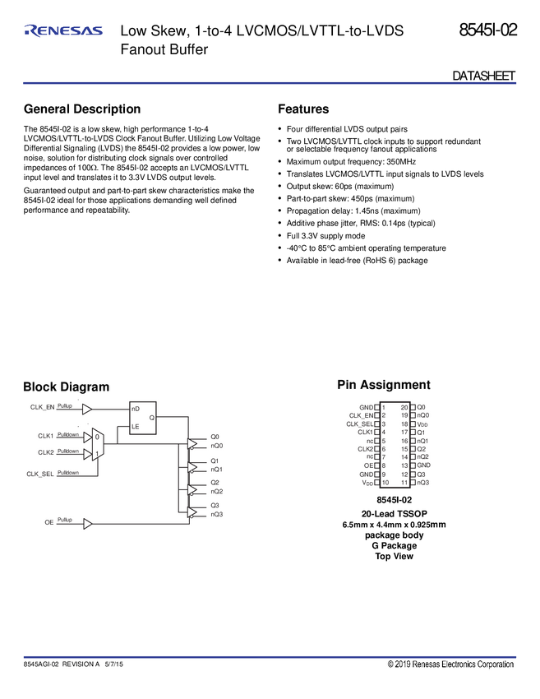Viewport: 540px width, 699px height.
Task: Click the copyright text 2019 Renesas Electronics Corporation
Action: click(451, 664)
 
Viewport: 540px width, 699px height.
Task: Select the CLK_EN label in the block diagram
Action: click(42, 407)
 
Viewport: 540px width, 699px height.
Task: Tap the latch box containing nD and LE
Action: click(145, 417)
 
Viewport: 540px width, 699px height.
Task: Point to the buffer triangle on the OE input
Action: click(88, 523)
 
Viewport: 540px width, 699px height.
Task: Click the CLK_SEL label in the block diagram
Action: click(41, 474)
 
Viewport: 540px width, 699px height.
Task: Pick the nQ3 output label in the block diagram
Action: click(216, 515)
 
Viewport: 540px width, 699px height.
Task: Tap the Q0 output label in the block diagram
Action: click(215, 437)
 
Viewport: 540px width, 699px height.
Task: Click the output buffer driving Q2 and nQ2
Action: click(192, 489)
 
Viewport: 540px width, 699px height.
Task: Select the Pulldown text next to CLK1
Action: click(68, 433)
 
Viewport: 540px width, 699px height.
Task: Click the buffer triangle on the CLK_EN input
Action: click(88, 408)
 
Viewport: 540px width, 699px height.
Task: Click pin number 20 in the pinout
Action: click(404, 407)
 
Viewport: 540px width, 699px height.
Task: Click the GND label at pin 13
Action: click(424, 465)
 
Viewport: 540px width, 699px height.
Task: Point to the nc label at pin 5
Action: click(370, 441)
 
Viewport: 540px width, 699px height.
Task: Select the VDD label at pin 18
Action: click(422, 424)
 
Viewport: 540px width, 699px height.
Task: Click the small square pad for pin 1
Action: click(377, 407)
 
